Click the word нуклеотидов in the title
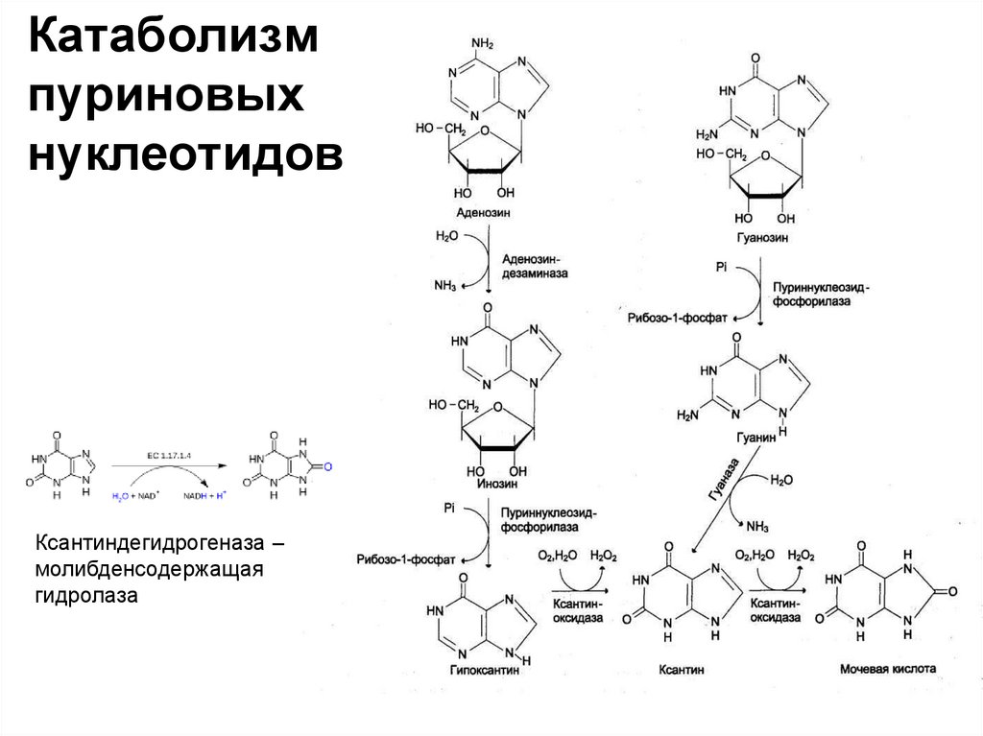click(187, 154)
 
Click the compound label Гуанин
click(756, 435)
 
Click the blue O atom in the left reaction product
click(326, 467)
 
